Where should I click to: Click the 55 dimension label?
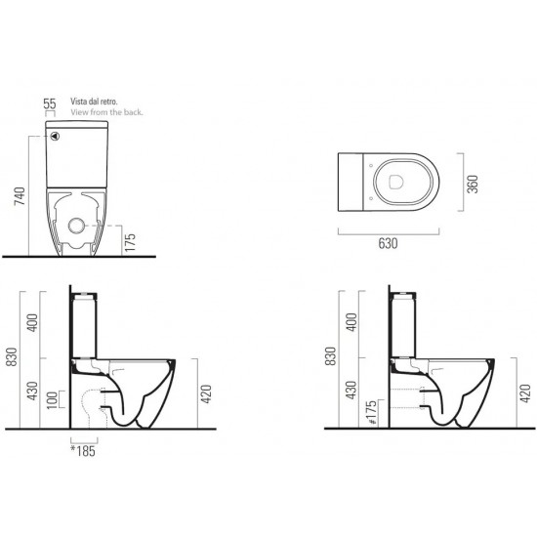(x=50, y=103)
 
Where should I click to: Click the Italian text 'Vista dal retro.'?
(x=94, y=102)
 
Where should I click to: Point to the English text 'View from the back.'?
(x=106, y=112)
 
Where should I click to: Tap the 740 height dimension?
(x=21, y=196)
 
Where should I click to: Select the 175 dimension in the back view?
(x=130, y=242)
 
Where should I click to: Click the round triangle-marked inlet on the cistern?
(x=55, y=137)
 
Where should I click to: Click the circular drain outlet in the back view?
(x=76, y=226)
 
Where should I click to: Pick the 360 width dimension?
(x=473, y=184)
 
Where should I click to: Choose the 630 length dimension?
(x=388, y=243)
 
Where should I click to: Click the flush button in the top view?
(x=396, y=183)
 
